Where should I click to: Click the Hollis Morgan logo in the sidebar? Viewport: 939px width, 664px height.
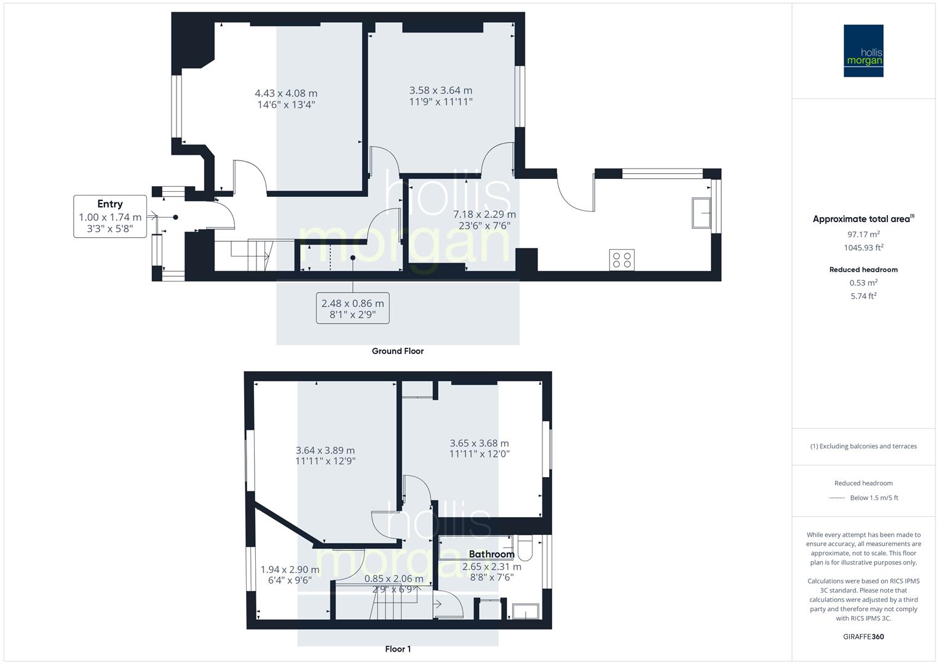863,51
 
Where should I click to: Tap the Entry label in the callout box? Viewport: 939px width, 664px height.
110,204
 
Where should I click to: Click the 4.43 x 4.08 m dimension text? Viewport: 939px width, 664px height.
286,93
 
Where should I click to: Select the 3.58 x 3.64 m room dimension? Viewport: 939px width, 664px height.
441,90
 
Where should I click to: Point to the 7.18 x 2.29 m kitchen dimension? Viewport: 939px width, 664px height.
484,215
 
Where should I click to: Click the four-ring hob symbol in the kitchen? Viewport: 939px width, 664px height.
622,259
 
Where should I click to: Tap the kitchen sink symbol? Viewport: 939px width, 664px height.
701,213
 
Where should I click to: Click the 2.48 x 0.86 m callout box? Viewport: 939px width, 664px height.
352,308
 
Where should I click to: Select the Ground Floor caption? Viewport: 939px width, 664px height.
397,351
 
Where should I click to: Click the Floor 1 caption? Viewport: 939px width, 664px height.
397,649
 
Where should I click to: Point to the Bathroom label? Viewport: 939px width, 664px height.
491,554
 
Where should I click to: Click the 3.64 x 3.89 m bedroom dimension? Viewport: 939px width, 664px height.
325,450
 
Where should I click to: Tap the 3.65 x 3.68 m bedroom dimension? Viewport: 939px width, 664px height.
479,443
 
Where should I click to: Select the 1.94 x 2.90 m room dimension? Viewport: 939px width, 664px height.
290,570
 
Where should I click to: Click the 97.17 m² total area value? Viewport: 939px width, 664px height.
863,234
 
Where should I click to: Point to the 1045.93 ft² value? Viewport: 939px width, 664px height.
863,248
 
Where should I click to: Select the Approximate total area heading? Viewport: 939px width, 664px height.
863,219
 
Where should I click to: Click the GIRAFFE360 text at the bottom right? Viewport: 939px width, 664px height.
863,636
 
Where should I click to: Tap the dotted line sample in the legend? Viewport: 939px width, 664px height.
836,498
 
